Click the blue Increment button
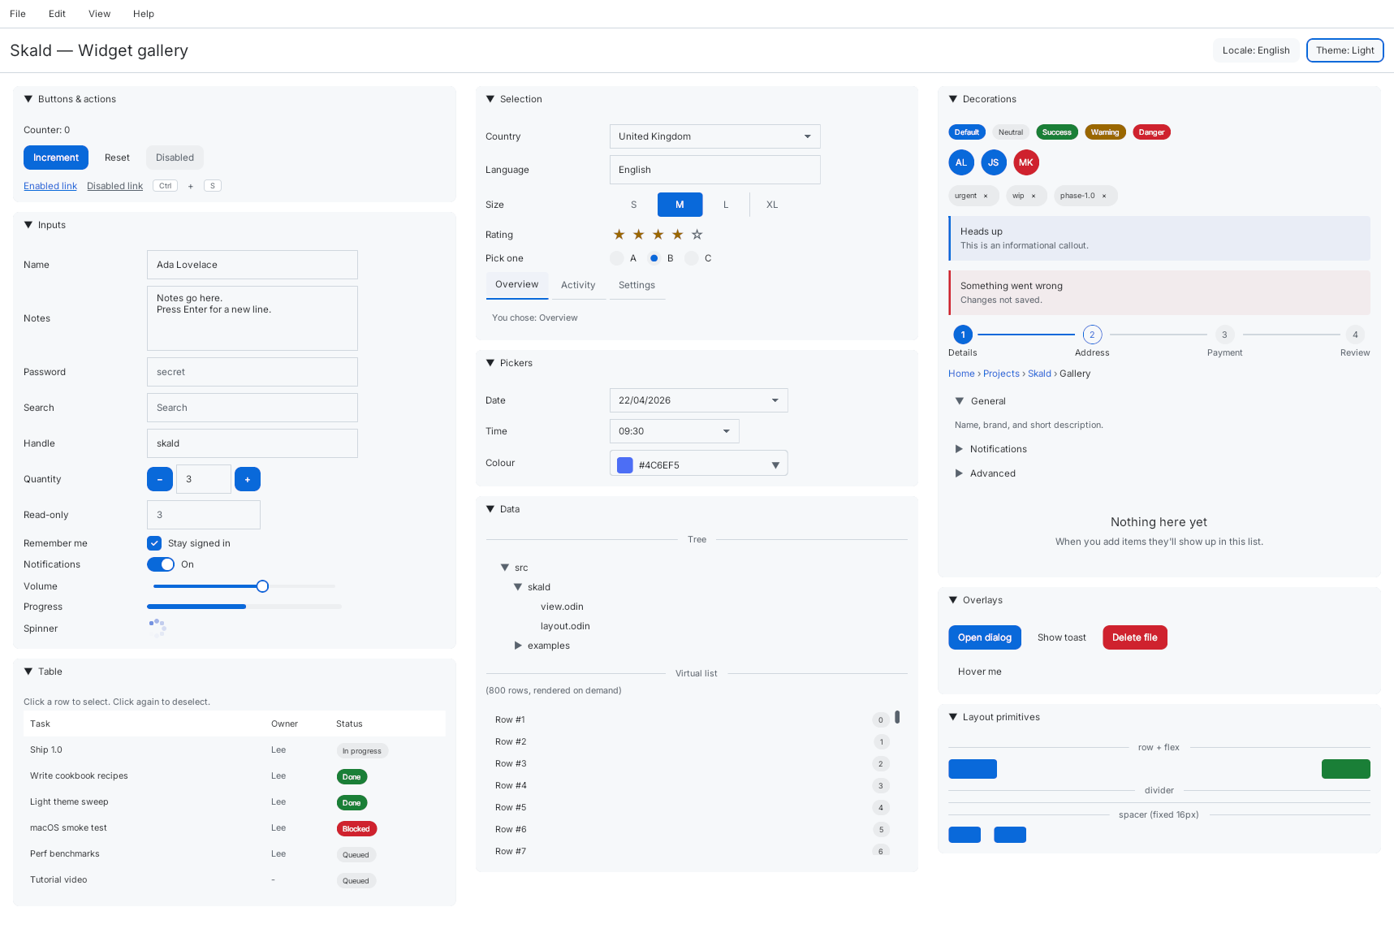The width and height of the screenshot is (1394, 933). [55, 158]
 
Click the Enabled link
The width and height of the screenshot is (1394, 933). [50, 186]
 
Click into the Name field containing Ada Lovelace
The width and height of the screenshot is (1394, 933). [252, 265]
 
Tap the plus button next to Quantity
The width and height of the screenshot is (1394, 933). [248, 479]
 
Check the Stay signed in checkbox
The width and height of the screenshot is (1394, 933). [154, 543]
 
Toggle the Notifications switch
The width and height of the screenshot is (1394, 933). [161, 564]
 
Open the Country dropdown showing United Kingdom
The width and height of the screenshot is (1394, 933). [714, 136]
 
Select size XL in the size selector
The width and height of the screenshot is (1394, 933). [772, 205]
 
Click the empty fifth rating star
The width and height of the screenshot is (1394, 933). [697, 235]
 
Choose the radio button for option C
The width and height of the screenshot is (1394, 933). [692, 258]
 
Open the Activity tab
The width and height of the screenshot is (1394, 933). [578, 285]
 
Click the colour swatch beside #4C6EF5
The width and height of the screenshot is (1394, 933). [625, 465]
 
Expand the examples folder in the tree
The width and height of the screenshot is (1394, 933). [518, 646]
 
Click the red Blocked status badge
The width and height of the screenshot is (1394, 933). [356, 829]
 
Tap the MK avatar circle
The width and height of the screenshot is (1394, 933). [1026, 162]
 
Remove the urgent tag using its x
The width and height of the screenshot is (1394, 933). [986, 196]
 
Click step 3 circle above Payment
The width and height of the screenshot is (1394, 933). [1224, 335]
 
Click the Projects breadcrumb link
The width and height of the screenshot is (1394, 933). [1001, 374]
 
